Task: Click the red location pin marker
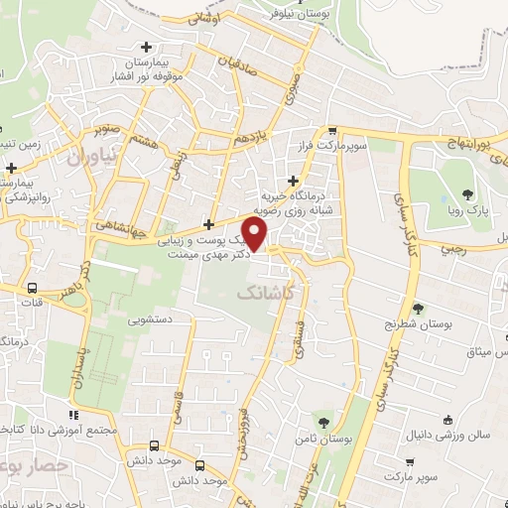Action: tap(256, 234)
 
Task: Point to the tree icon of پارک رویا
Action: tap(465, 193)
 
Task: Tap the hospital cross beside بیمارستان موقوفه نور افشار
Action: tap(147, 46)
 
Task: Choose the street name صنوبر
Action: tap(109, 129)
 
